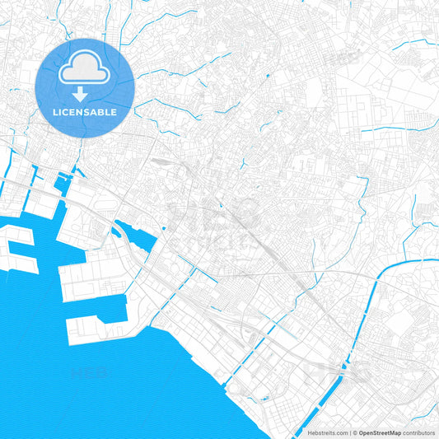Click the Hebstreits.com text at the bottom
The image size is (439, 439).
[x=328, y=432]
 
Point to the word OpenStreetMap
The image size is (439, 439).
[x=380, y=432]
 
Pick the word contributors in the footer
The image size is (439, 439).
[x=418, y=432]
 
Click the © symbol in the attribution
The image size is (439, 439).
[x=355, y=432]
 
